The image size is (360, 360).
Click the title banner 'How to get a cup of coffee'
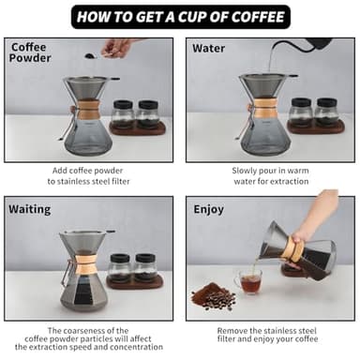[180, 16]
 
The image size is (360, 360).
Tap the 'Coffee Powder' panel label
[32, 52]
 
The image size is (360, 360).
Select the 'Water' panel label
[208, 48]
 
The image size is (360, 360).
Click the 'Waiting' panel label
[30, 209]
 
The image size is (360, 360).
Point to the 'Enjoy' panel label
[208, 209]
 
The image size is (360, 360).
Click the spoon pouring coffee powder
[94, 55]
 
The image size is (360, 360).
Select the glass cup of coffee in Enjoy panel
[249, 282]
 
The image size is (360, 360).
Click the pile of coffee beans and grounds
[214, 298]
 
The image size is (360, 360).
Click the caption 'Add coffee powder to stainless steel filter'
[89, 175]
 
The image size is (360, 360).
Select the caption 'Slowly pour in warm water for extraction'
[270, 175]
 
